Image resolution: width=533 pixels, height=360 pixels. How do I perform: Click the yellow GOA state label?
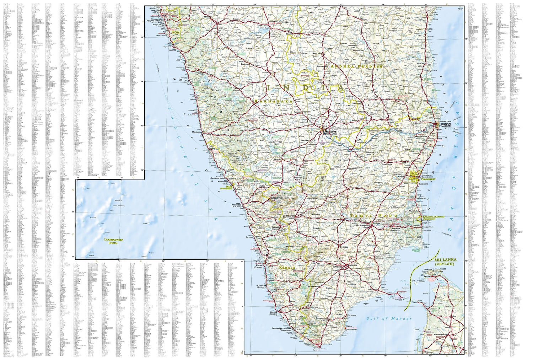175,32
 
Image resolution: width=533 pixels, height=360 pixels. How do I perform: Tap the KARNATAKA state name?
273,101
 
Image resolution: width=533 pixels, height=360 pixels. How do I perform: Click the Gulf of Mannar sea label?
389,318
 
